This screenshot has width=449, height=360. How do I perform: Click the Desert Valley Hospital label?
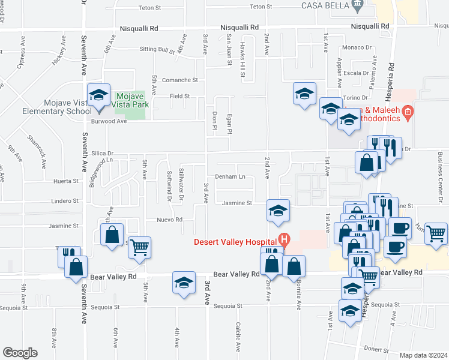coord(235,242)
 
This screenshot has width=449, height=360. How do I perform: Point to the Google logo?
coord(20,353)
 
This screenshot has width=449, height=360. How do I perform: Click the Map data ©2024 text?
coord(423,355)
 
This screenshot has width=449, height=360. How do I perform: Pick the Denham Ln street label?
coord(231,176)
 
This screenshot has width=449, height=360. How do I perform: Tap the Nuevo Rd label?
coord(170,220)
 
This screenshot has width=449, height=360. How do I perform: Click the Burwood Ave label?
coord(109,121)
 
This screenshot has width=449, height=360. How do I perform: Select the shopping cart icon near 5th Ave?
coord(139,247)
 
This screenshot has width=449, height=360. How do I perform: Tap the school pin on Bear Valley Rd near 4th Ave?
coord(184,283)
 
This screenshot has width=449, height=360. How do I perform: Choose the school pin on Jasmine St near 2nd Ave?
coord(278,211)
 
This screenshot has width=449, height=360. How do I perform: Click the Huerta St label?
coord(66,180)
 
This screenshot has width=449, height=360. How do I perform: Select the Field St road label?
coord(179,96)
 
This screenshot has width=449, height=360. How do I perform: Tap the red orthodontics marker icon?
coord(408,112)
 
